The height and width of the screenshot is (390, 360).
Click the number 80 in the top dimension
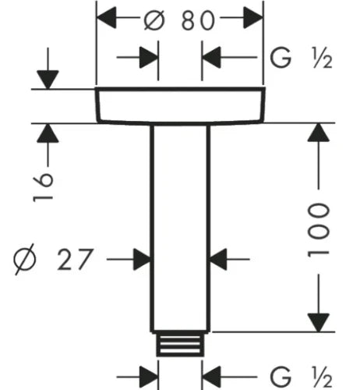pyautogui.click(x=198, y=21)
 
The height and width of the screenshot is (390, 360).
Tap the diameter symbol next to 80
pyautogui.click(x=154, y=20)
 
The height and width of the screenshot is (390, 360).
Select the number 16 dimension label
pyautogui.click(x=43, y=186)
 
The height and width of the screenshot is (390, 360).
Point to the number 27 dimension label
pyautogui.click(x=75, y=259)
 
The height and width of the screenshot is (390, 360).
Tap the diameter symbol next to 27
pyautogui.click(x=24, y=259)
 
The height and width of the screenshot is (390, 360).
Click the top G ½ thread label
pyautogui.click(x=302, y=58)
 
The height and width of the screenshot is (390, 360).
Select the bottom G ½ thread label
pyautogui.click(x=302, y=377)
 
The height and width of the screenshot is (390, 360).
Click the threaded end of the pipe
pyautogui.click(x=180, y=344)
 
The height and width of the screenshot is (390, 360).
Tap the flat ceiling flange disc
pyautogui.click(x=181, y=105)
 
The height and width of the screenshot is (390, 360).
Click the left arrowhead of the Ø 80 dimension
pyautogui.click(x=106, y=18)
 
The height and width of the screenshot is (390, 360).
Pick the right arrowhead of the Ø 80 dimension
pyautogui.click(x=253, y=18)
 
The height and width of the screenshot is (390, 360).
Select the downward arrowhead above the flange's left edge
pyautogui.click(x=48, y=80)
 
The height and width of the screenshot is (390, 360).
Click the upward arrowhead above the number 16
pyautogui.click(x=48, y=133)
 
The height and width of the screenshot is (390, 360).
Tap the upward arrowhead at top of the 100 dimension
pyautogui.click(x=319, y=133)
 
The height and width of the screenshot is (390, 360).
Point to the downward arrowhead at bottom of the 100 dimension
pyautogui.click(x=319, y=323)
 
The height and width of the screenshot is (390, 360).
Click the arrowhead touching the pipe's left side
pyautogui.click(x=143, y=259)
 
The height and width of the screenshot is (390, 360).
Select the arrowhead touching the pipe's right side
pyautogui.click(x=217, y=259)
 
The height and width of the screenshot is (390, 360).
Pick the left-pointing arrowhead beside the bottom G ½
pyautogui.click(x=211, y=377)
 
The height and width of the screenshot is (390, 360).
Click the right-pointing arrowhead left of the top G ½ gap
pyautogui.click(x=149, y=57)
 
